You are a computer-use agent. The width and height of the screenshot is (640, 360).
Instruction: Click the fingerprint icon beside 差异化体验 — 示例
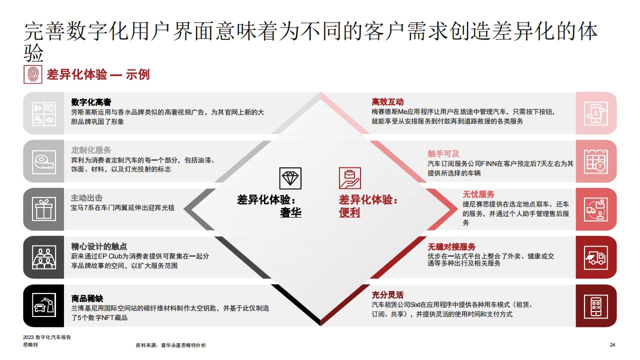point(33,74)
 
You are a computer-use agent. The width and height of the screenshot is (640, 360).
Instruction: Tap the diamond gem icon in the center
point(290,178)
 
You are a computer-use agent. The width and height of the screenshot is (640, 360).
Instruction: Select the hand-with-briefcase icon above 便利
point(349,178)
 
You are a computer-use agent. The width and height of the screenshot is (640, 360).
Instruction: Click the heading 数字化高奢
point(91,102)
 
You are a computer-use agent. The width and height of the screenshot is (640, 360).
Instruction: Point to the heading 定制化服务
point(91,150)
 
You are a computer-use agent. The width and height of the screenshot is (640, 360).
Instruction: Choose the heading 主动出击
point(87,198)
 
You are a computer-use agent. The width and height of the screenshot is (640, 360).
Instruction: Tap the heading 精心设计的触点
point(99,246)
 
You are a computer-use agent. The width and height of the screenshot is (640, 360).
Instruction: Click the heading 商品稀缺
point(87,298)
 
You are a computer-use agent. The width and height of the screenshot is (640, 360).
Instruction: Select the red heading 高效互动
point(387,101)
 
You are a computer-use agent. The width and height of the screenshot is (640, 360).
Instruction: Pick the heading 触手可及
point(443,153)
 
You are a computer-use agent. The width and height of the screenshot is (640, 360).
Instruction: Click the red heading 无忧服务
point(478,194)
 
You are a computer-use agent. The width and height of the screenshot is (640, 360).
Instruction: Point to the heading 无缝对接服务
point(451,246)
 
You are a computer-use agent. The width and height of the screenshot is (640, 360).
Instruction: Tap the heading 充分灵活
point(387,294)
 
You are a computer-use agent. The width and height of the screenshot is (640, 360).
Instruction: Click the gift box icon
point(43,209)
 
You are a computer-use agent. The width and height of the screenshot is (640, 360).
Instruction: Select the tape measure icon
point(43,162)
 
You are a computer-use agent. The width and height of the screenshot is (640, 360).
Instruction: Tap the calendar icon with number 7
point(595,161)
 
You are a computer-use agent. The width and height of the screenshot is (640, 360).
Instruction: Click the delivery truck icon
point(595,257)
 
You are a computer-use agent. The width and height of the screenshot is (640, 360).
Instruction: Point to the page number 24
point(612,345)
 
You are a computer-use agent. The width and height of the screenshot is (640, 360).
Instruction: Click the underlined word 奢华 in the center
point(290,212)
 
